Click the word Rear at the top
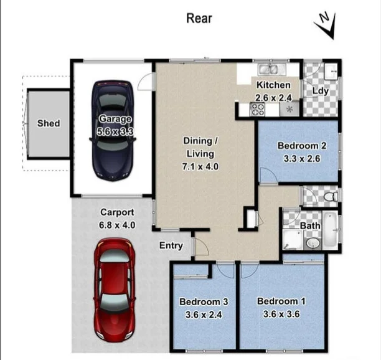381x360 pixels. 199,18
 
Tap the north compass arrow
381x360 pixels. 326,24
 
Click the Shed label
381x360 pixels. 49,123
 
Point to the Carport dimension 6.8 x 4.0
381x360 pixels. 118,225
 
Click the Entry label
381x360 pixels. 171,245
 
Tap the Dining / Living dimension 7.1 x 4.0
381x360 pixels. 200,166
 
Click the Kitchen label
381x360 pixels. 273,85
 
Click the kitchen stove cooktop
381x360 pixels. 257,110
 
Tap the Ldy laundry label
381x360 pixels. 320,91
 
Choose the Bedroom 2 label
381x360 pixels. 302,146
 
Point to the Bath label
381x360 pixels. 310,225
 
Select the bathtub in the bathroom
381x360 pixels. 330,230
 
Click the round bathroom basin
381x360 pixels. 313,242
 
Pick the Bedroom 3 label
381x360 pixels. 204,302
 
